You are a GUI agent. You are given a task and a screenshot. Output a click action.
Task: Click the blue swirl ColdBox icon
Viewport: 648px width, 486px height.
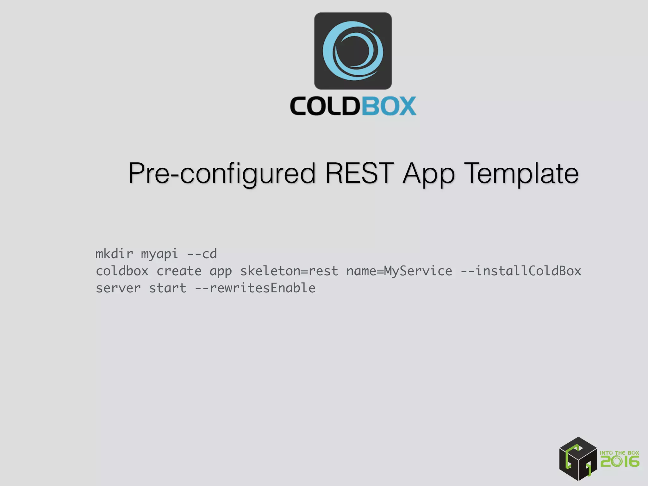tap(353, 51)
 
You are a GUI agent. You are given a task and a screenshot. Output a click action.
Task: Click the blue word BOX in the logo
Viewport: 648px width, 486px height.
tap(389, 106)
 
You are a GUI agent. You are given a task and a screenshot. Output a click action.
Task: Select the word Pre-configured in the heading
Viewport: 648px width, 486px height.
tap(221, 173)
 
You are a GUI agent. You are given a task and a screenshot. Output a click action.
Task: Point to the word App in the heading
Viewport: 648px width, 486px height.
tap(429, 174)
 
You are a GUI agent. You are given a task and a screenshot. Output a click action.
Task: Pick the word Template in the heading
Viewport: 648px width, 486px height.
tap(522, 173)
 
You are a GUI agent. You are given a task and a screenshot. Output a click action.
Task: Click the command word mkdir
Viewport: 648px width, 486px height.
tap(114, 254)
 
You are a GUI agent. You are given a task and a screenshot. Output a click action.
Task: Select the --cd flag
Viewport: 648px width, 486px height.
tap(202, 254)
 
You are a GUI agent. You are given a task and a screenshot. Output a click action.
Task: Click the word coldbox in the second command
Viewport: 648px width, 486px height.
tap(122, 271)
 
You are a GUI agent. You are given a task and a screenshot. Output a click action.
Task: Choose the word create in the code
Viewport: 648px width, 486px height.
tap(179, 271)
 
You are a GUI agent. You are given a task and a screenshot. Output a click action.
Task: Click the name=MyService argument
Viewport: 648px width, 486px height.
tap(399, 271)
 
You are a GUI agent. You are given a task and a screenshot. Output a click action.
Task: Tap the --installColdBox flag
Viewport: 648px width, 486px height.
tap(521, 271)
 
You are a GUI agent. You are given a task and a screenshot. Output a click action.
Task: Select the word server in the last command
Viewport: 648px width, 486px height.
tap(118, 288)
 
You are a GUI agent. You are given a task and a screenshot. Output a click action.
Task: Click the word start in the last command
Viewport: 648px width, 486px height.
tap(168, 288)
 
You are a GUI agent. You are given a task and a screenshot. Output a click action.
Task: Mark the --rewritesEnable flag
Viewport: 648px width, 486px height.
tap(255, 288)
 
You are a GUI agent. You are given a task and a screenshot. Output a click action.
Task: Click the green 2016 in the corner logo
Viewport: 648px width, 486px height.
tap(620, 462)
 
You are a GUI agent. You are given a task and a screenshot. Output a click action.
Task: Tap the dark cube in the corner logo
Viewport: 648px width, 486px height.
tap(578, 459)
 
